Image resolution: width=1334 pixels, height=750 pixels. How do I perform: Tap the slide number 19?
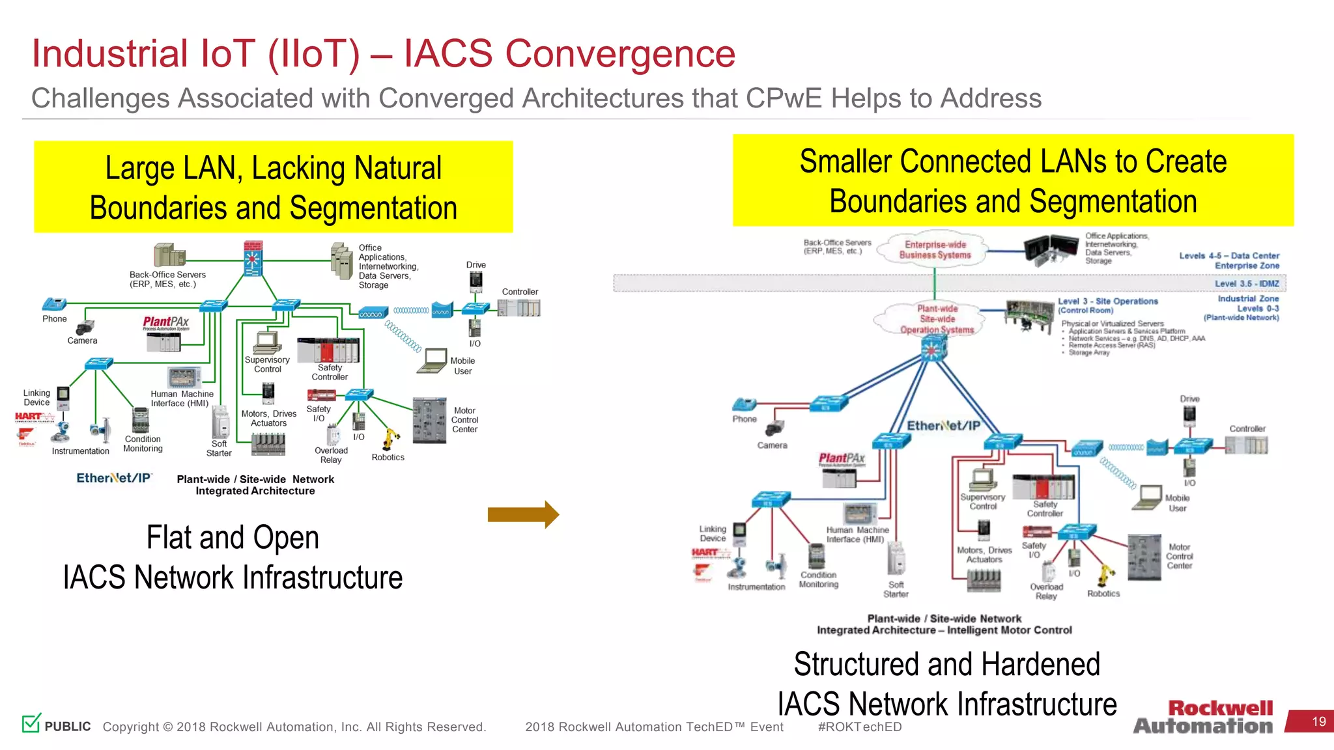click(1318, 721)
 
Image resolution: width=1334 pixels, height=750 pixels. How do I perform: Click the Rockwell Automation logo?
click(1204, 717)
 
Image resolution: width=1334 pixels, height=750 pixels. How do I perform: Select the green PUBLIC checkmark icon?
click(31, 723)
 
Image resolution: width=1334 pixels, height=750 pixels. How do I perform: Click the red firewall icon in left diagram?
click(253, 258)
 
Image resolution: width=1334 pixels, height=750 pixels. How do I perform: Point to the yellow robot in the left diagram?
click(391, 439)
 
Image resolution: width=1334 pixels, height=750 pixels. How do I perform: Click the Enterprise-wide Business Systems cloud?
click(935, 249)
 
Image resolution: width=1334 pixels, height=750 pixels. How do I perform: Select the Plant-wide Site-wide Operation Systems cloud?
click(937, 319)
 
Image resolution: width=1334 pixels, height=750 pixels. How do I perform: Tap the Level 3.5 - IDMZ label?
click(1247, 284)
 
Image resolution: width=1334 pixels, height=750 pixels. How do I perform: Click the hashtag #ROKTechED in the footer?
click(859, 727)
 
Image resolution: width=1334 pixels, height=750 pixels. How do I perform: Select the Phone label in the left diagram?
click(55, 318)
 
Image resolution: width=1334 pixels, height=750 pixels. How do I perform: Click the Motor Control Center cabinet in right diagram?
click(1144, 557)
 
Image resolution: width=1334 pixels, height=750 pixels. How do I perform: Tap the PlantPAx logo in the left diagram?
click(166, 323)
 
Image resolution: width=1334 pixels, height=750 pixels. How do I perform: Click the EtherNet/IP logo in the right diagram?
click(943, 426)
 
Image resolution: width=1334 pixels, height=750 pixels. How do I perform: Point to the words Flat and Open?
click(233, 538)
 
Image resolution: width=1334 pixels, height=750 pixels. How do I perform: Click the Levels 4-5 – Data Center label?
click(1228, 256)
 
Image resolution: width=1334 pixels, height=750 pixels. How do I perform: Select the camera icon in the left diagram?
click(85, 327)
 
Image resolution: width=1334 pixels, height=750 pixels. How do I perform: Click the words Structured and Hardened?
click(946, 665)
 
